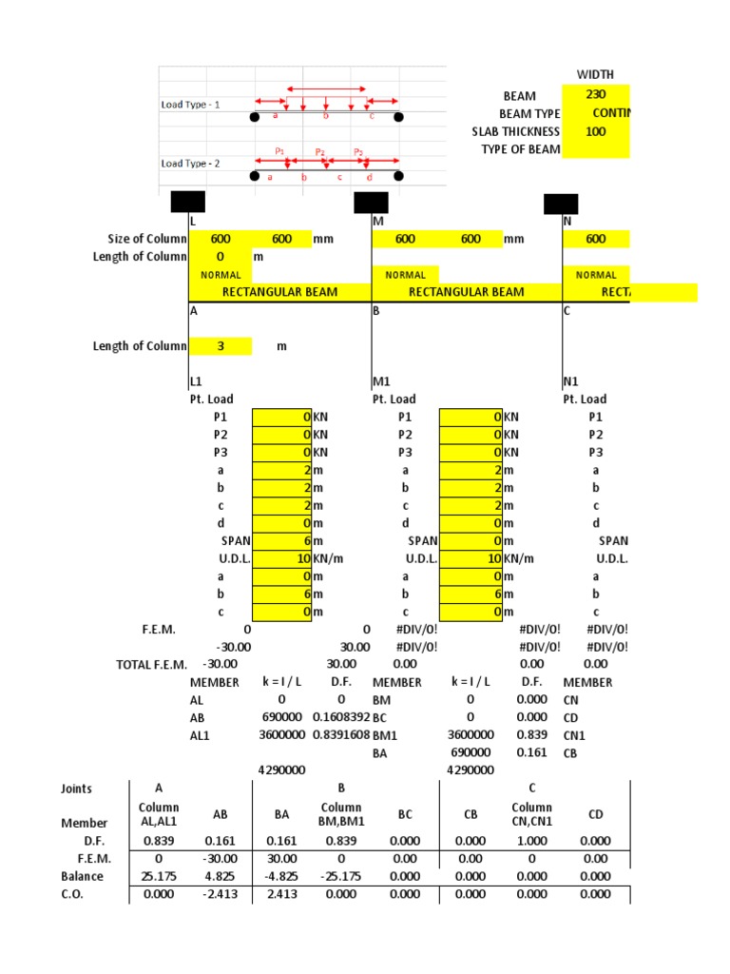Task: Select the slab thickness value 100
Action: pyautogui.click(x=596, y=131)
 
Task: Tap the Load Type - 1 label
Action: pyautogui.click(x=190, y=105)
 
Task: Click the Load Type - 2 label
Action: pyautogui.click(x=190, y=164)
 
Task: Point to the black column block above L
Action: pyautogui.click(x=188, y=202)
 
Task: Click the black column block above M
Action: pyautogui.click(x=371, y=202)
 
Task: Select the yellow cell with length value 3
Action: pyautogui.click(x=221, y=346)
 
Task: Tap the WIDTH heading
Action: pyautogui.click(x=595, y=74)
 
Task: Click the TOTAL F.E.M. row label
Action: pyautogui.click(x=152, y=664)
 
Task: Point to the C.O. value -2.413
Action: pyautogui.click(x=221, y=894)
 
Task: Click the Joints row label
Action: pyautogui.click(x=77, y=789)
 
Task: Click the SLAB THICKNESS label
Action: pyautogui.click(x=516, y=131)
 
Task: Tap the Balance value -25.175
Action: pyautogui.click(x=342, y=876)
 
